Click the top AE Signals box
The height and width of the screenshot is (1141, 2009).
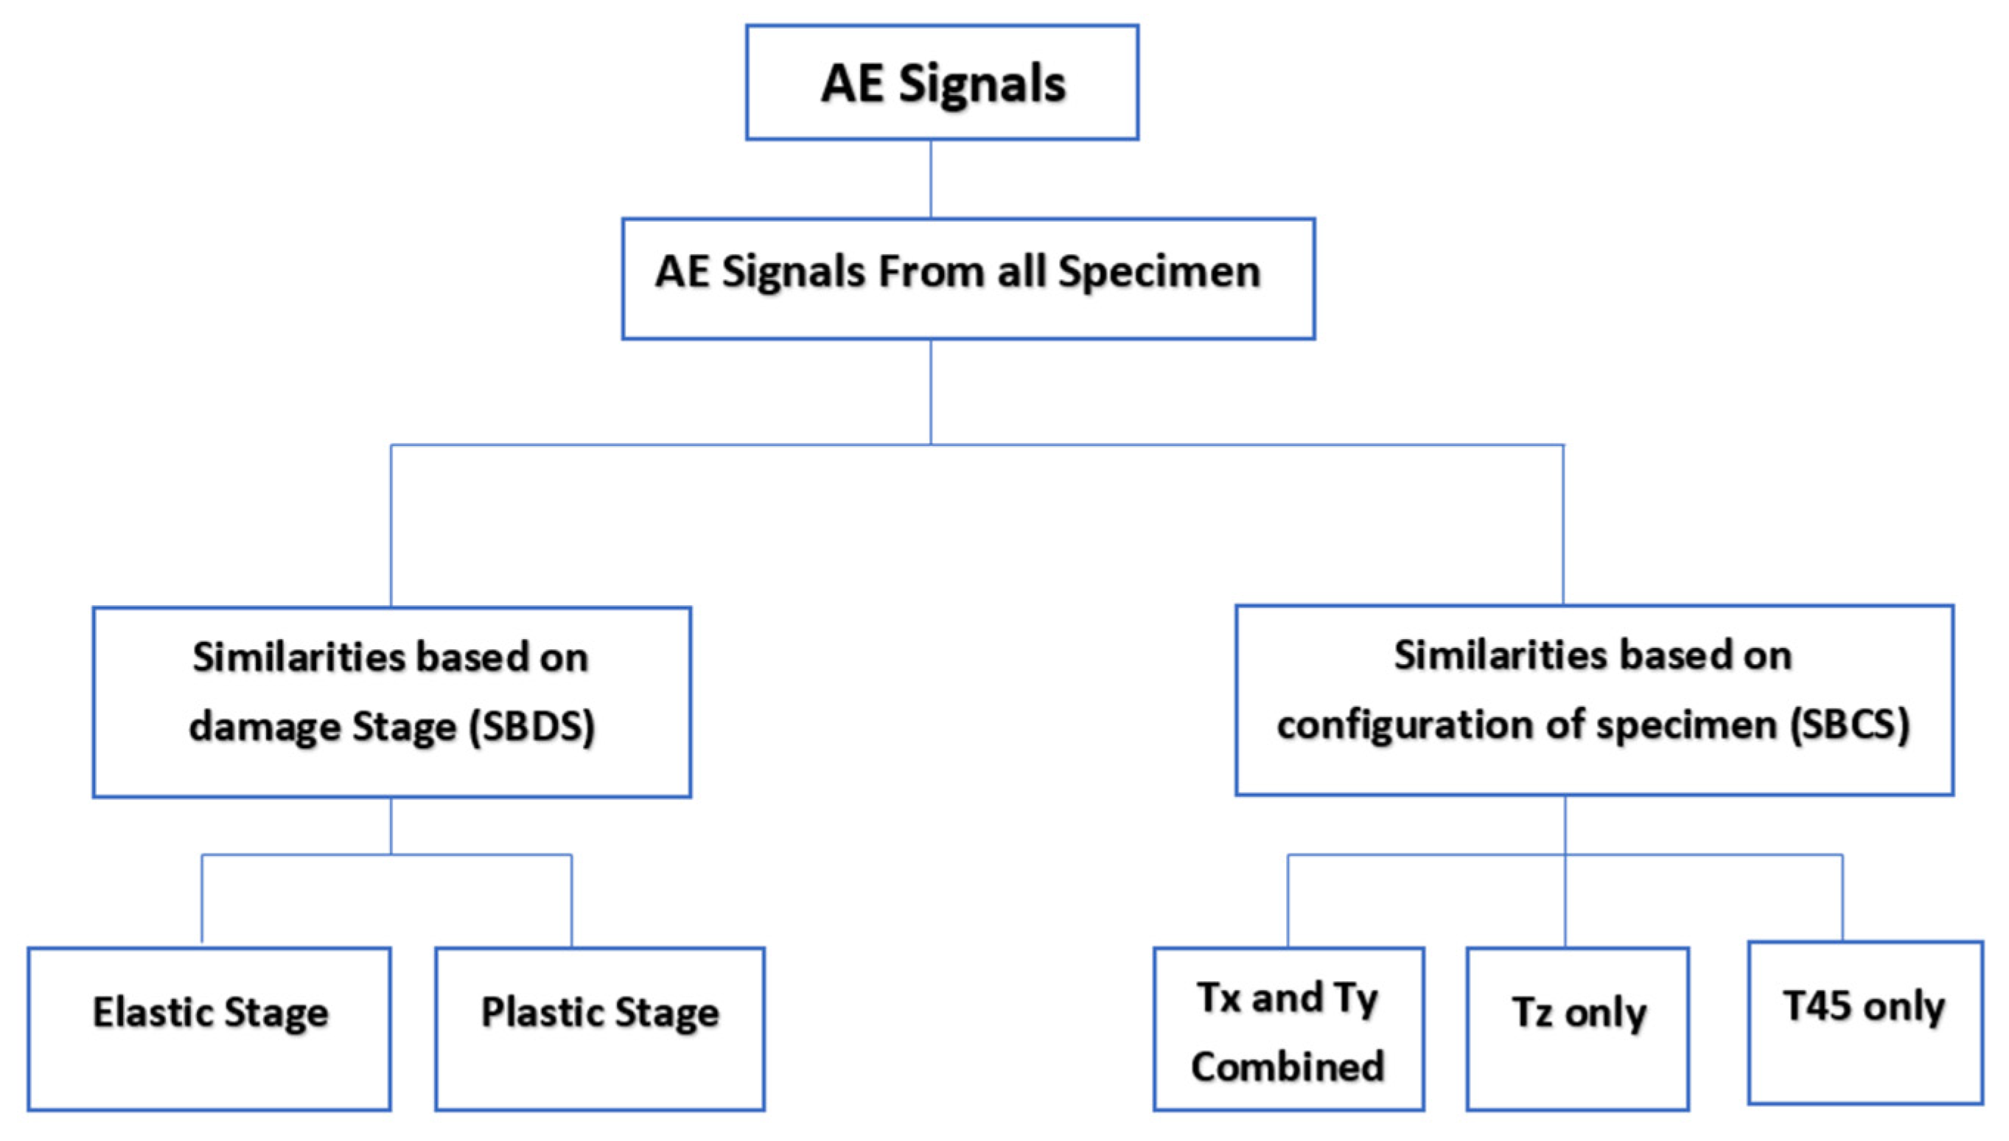pyautogui.click(x=942, y=83)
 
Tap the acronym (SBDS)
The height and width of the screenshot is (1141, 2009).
pyautogui.click(x=532, y=727)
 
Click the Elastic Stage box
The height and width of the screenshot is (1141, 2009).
pyautogui.click(x=209, y=1028)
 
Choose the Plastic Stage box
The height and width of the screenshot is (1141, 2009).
pyautogui.click(x=599, y=1028)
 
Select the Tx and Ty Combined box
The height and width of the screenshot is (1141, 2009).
pyautogui.click(x=1288, y=1028)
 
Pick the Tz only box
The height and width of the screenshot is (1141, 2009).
pyautogui.click(x=1577, y=1028)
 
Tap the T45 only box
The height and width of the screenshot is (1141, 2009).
pyautogui.click(x=1865, y=1022)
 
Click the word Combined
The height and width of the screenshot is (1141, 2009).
pyautogui.click(x=1288, y=1067)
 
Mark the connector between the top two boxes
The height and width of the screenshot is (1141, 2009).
pyautogui.click(x=931, y=178)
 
